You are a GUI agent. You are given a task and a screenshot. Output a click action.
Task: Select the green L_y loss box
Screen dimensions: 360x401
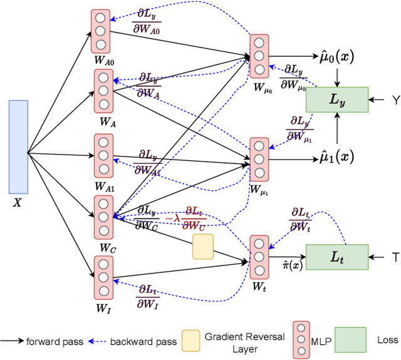point(338,99)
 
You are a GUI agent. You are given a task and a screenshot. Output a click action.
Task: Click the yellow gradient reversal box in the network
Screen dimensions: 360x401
point(202,247)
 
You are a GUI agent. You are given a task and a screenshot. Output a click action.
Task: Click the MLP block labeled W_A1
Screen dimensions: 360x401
point(103,155)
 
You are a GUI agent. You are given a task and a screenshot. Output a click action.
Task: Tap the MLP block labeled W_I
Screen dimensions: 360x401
point(103,277)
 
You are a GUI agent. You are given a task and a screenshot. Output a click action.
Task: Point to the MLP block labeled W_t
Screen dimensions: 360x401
point(258,257)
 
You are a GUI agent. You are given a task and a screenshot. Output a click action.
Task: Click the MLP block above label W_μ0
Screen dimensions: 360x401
point(258,56)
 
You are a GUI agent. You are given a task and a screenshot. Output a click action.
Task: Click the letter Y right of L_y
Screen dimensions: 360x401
point(395,100)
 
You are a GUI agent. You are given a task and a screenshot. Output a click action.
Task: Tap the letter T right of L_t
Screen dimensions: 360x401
point(395,257)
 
